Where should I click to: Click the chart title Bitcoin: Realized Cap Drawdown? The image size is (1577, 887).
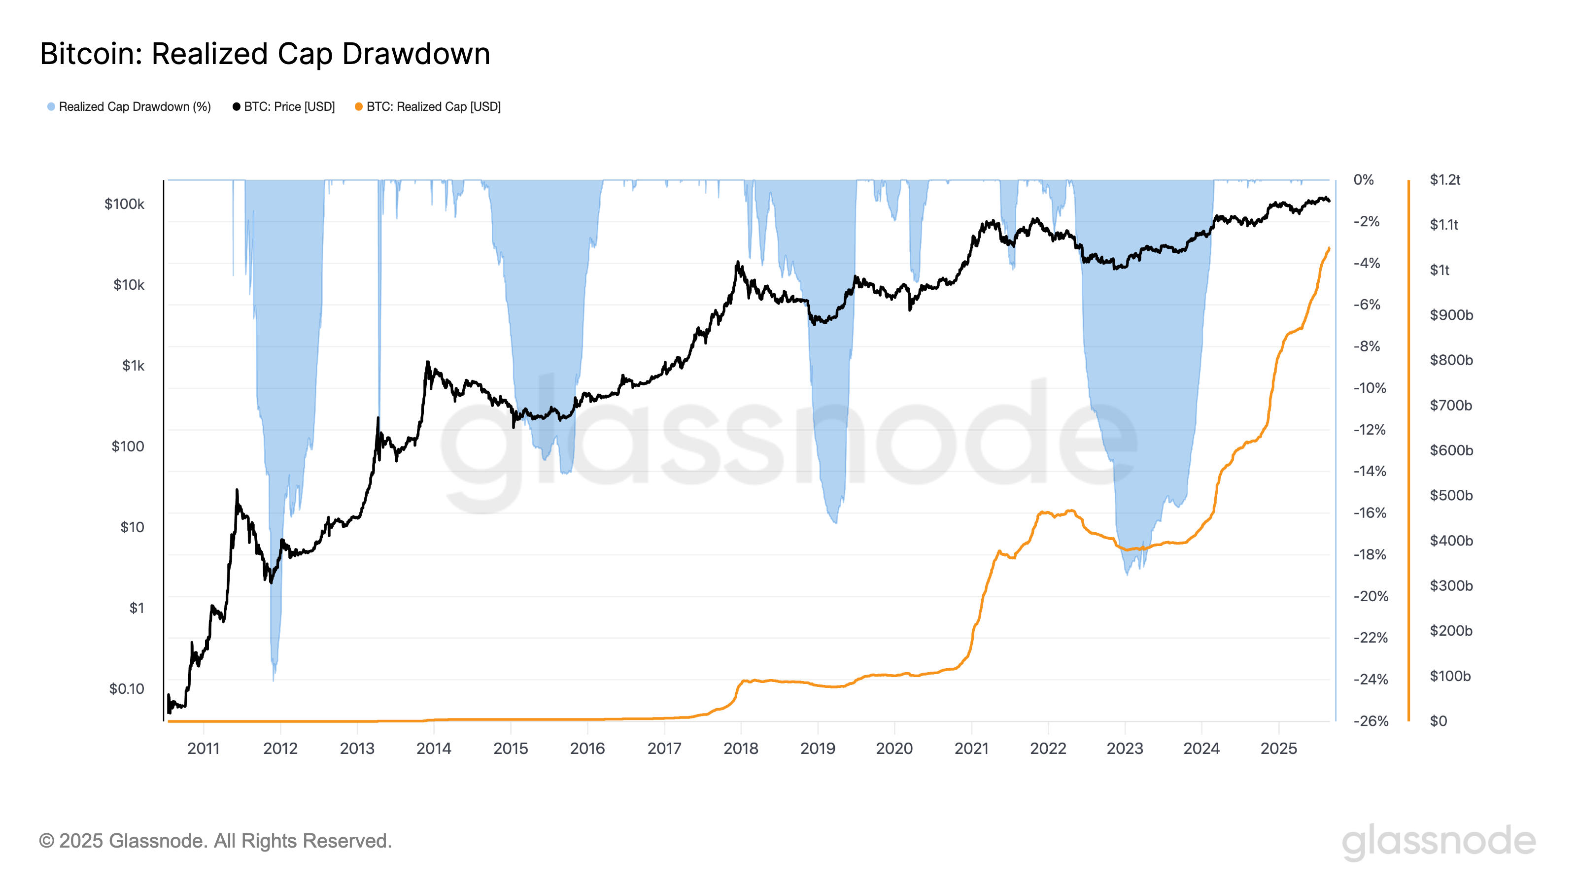pyautogui.click(x=265, y=54)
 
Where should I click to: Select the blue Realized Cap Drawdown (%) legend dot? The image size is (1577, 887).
pyautogui.click(x=51, y=107)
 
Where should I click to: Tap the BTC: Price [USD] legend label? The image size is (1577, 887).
pyautogui.click(x=289, y=107)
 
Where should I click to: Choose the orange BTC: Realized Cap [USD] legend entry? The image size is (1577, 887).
pyautogui.click(x=433, y=107)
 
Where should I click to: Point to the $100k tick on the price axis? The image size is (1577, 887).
pyautogui.click(x=124, y=204)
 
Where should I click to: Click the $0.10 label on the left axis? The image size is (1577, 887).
pyautogui.click(x=127, y=689)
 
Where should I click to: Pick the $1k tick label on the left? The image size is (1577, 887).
pyautogui.click(x=133, y=366)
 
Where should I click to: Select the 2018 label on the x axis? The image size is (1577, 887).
pyautogui.click(x=741, y=748)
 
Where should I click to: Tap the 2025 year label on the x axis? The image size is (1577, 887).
pyautogui.click(x=1278, y=748)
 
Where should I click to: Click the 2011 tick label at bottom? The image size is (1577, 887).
pyautogui.click(x=203, y=748)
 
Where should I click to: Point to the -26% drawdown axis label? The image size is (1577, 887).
pyautogui.click(x=1370, y=720)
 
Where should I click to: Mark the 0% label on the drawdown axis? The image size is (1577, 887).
pyautogui.click(x=1363, y=180)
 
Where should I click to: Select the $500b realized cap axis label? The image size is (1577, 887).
pyautogui.click(x=1450, y=495)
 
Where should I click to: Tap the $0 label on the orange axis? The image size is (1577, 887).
pyautogui.click(x=1438, y=720)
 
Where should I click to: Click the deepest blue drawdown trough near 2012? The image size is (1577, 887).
pyautogui.click(x=273, y=677)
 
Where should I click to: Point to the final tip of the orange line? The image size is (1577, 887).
pyautogui.click(x=1329, y=248)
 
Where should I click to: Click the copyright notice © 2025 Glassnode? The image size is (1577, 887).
pyautogui.click(x=215, y=841)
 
